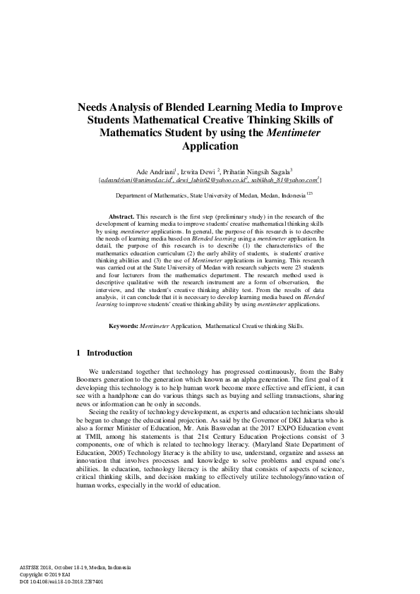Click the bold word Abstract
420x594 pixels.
[121, 217]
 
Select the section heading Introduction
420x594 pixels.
[109, 352]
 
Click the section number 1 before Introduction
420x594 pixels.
[78, 352]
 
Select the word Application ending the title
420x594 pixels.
[210, 147]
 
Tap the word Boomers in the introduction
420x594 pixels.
[92, 380]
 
